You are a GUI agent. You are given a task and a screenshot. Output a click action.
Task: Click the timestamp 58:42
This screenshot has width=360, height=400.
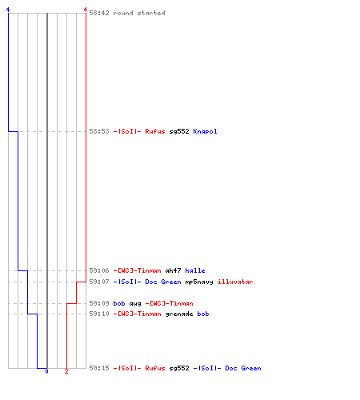pos(99,13)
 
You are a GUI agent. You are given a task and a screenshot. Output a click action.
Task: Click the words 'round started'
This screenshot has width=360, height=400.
pos(139,13)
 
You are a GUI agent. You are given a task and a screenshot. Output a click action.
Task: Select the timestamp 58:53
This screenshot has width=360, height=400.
pos(99,131)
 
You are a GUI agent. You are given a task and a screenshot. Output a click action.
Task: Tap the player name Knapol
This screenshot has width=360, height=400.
pos(205,132)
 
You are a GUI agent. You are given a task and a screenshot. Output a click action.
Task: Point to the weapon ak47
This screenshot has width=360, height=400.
pos(173,270)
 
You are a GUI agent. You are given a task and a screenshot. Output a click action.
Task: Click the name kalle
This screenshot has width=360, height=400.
pos(195,270)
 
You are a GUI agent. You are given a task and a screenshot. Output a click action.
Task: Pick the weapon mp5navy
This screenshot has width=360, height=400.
pos(199,282)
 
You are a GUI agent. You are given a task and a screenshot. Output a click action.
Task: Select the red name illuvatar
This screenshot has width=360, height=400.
pos(235,282)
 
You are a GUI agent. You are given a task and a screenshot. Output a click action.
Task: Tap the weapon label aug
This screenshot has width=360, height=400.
pos(135,304)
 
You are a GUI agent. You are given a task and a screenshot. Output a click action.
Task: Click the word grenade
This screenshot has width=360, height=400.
pos(179,314)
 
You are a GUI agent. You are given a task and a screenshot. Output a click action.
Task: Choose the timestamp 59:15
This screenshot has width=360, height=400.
pos(99,368)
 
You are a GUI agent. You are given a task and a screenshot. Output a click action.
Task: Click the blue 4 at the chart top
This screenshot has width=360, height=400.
pos(8,10)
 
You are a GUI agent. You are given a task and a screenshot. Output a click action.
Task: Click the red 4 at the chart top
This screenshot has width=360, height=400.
pos(86,10)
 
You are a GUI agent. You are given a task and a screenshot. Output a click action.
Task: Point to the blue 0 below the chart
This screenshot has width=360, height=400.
pos(46,371)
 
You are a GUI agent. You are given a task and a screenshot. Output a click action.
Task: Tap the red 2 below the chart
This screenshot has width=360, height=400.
pos(66,371)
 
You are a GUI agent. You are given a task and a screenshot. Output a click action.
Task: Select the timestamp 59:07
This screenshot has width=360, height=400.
pos(99,282)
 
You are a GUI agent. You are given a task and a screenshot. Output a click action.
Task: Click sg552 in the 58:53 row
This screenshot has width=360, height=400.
pos(179,132)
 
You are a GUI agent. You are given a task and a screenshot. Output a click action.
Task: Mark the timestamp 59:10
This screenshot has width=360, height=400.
pos(99,314)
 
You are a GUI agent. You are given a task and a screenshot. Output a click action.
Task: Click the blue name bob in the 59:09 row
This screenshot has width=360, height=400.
pos(119,303)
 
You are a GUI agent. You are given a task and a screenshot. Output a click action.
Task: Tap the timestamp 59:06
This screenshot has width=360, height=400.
pos(99,270)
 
